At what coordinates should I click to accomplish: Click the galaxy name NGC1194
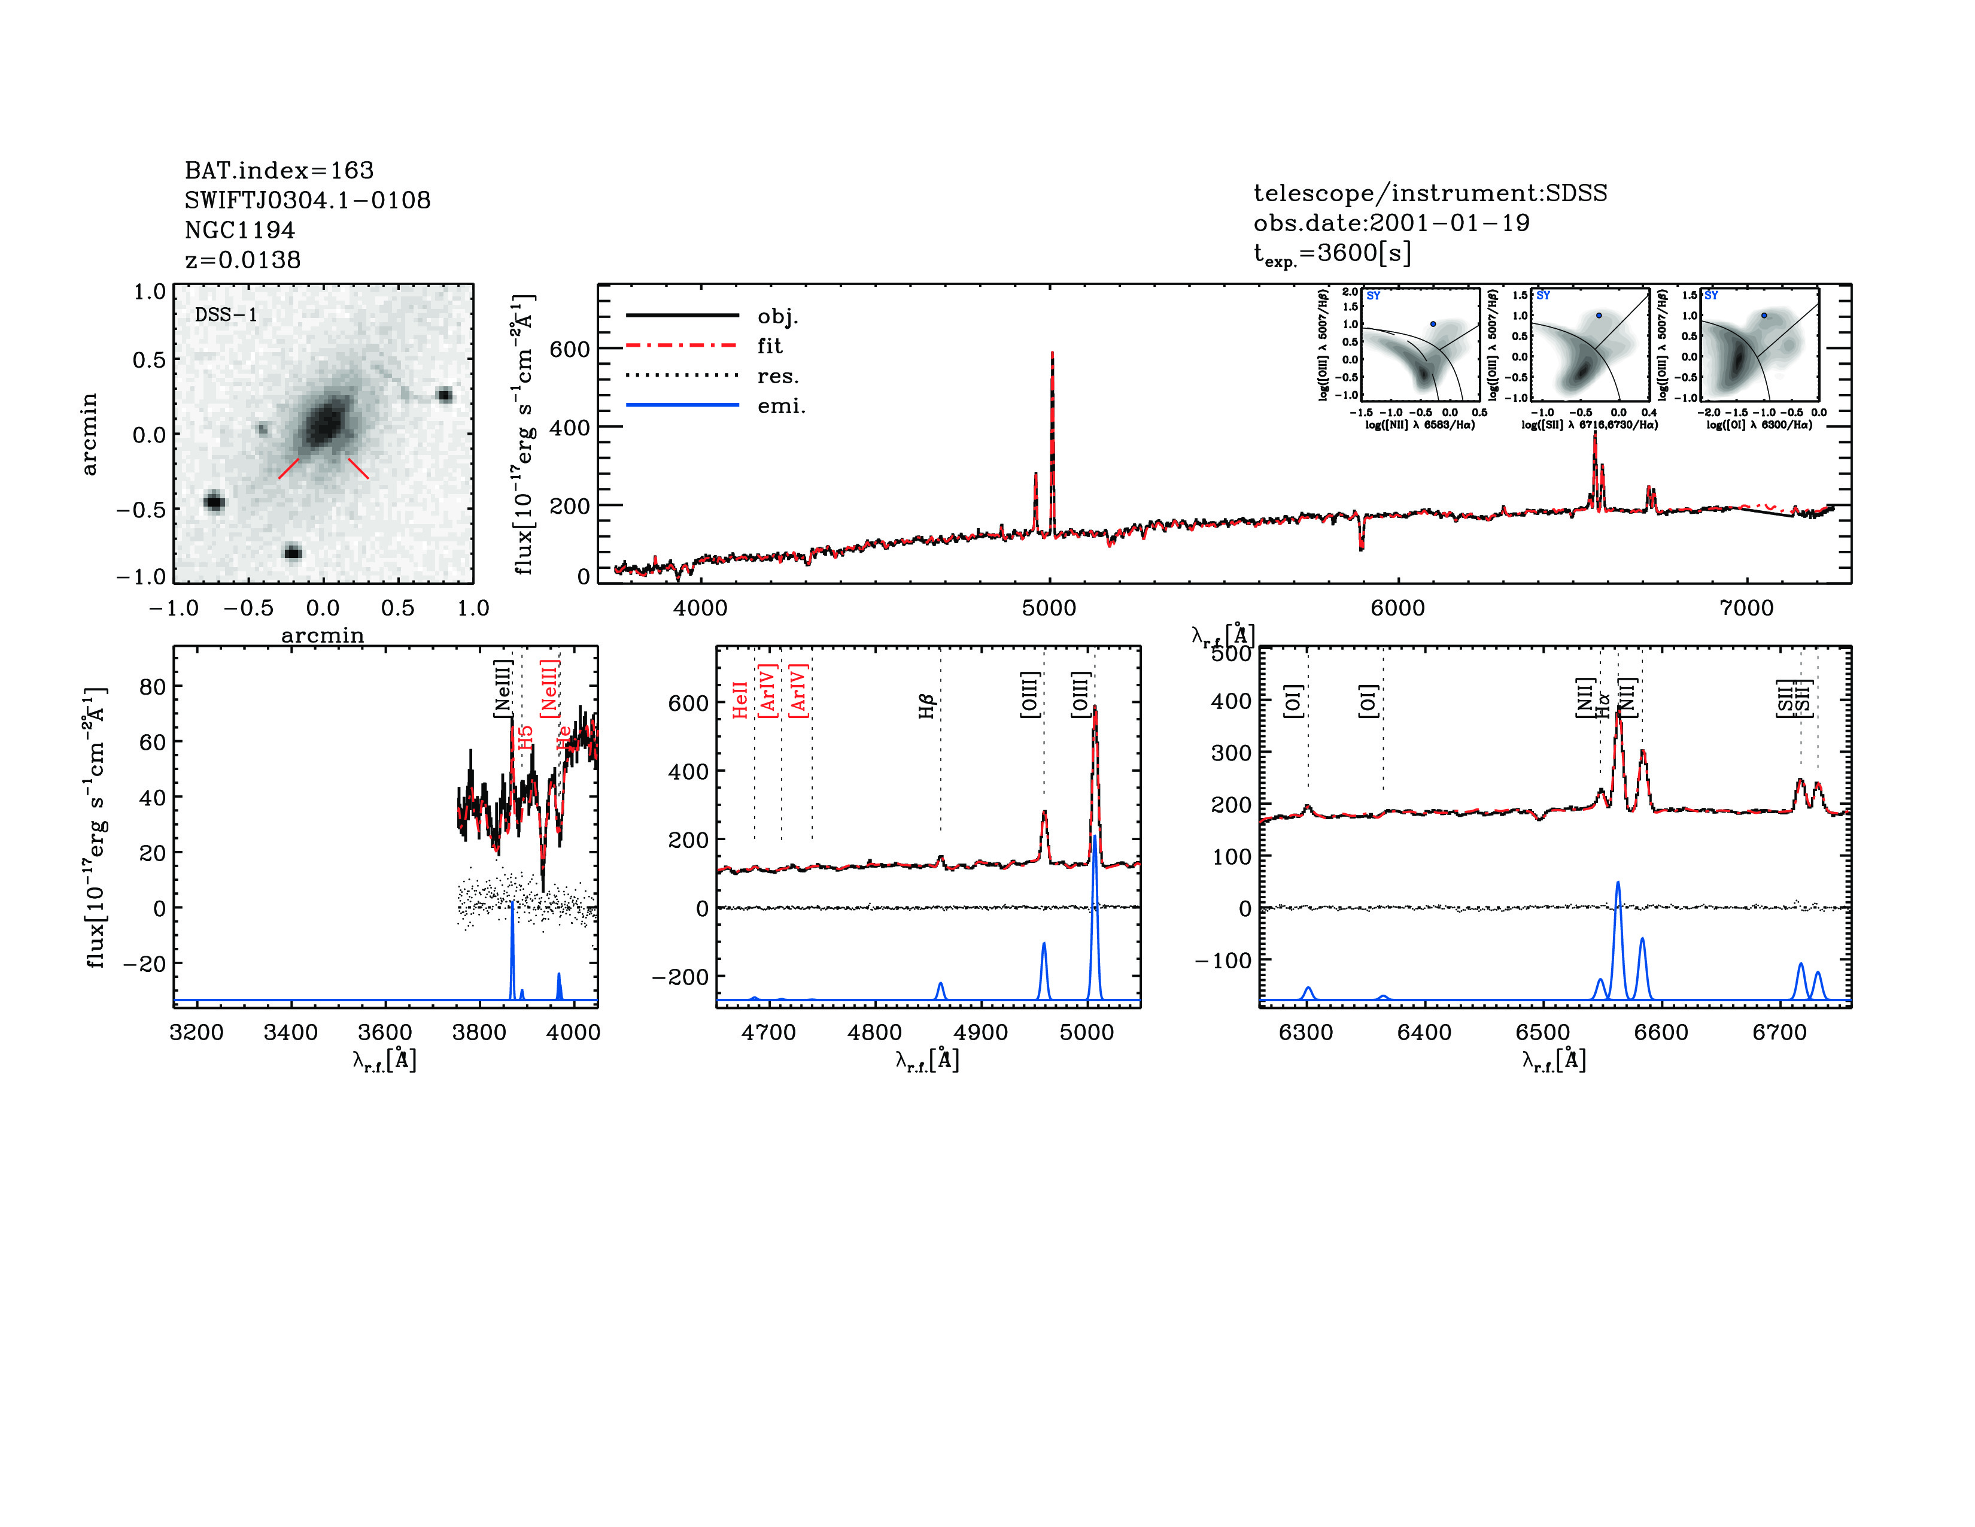coord(239,230)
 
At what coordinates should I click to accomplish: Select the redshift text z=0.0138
coord(242,260)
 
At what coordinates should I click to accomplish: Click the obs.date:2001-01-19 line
coord(1391,223)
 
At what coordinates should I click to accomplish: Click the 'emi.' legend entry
coord(780,406)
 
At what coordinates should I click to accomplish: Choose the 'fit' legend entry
coord(770,346)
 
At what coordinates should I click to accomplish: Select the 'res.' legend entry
coord(777,376)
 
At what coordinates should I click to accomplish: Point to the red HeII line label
coord(740,700)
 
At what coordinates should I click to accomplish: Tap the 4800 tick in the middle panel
coord(874,1032)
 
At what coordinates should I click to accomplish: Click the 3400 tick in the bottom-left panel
coord(290,1032)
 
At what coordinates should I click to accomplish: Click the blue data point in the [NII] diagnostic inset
coord(1432,324)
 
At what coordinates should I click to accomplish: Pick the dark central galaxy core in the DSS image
coord(324,423)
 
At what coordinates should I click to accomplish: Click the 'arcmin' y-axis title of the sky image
coord(89,434)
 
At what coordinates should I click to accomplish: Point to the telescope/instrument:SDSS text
coord(1430,193)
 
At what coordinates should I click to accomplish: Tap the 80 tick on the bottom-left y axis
coord(153,687)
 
